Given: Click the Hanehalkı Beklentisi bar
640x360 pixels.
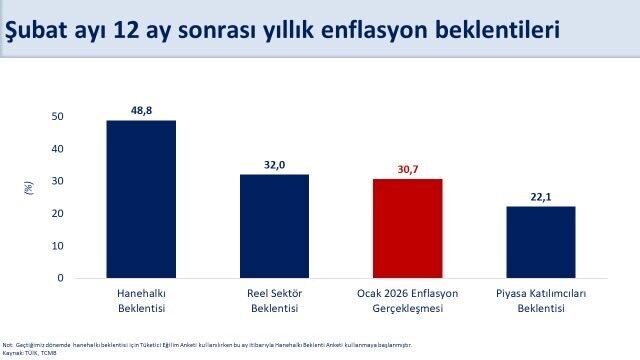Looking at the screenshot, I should point(141,199).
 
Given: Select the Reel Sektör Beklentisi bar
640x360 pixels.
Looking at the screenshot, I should point(274,226).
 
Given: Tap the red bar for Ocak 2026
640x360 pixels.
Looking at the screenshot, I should point(407,228).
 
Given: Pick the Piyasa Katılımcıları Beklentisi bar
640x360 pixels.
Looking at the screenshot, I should point(540,242).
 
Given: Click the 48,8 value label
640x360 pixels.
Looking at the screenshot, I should point(141,109).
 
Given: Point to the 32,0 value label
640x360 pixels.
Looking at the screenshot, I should point(274,163).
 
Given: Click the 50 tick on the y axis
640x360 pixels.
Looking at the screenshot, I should point(58,117).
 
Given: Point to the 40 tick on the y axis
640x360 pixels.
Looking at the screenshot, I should point(58,149).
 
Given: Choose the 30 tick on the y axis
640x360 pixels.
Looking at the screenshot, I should point(58,181).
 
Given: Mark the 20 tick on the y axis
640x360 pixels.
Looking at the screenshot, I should point(58,214).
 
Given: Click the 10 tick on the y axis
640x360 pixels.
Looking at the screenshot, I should point(58,246).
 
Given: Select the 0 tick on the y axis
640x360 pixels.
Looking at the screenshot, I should point(61,278).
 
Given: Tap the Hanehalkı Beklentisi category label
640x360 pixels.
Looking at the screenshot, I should point(141,301).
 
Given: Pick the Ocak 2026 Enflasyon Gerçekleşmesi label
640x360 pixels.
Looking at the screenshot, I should point(407,301).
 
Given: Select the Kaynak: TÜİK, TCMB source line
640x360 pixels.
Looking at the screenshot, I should point(30,352).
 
